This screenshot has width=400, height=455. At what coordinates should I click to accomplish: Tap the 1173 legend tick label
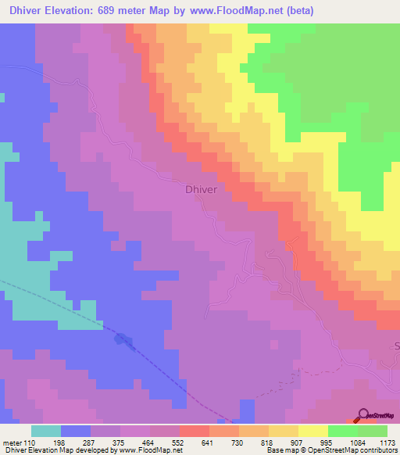387,442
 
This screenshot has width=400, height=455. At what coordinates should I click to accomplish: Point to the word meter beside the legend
13,442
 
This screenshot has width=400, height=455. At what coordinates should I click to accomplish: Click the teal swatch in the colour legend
46,431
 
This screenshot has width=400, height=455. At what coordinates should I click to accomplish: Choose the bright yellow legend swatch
313,431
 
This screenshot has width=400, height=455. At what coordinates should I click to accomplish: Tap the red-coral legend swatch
195,431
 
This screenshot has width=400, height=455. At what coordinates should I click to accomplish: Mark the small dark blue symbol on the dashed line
123,339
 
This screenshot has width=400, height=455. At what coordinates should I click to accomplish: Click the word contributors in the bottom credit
377,450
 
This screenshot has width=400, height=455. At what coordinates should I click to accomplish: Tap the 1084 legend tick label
358,442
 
